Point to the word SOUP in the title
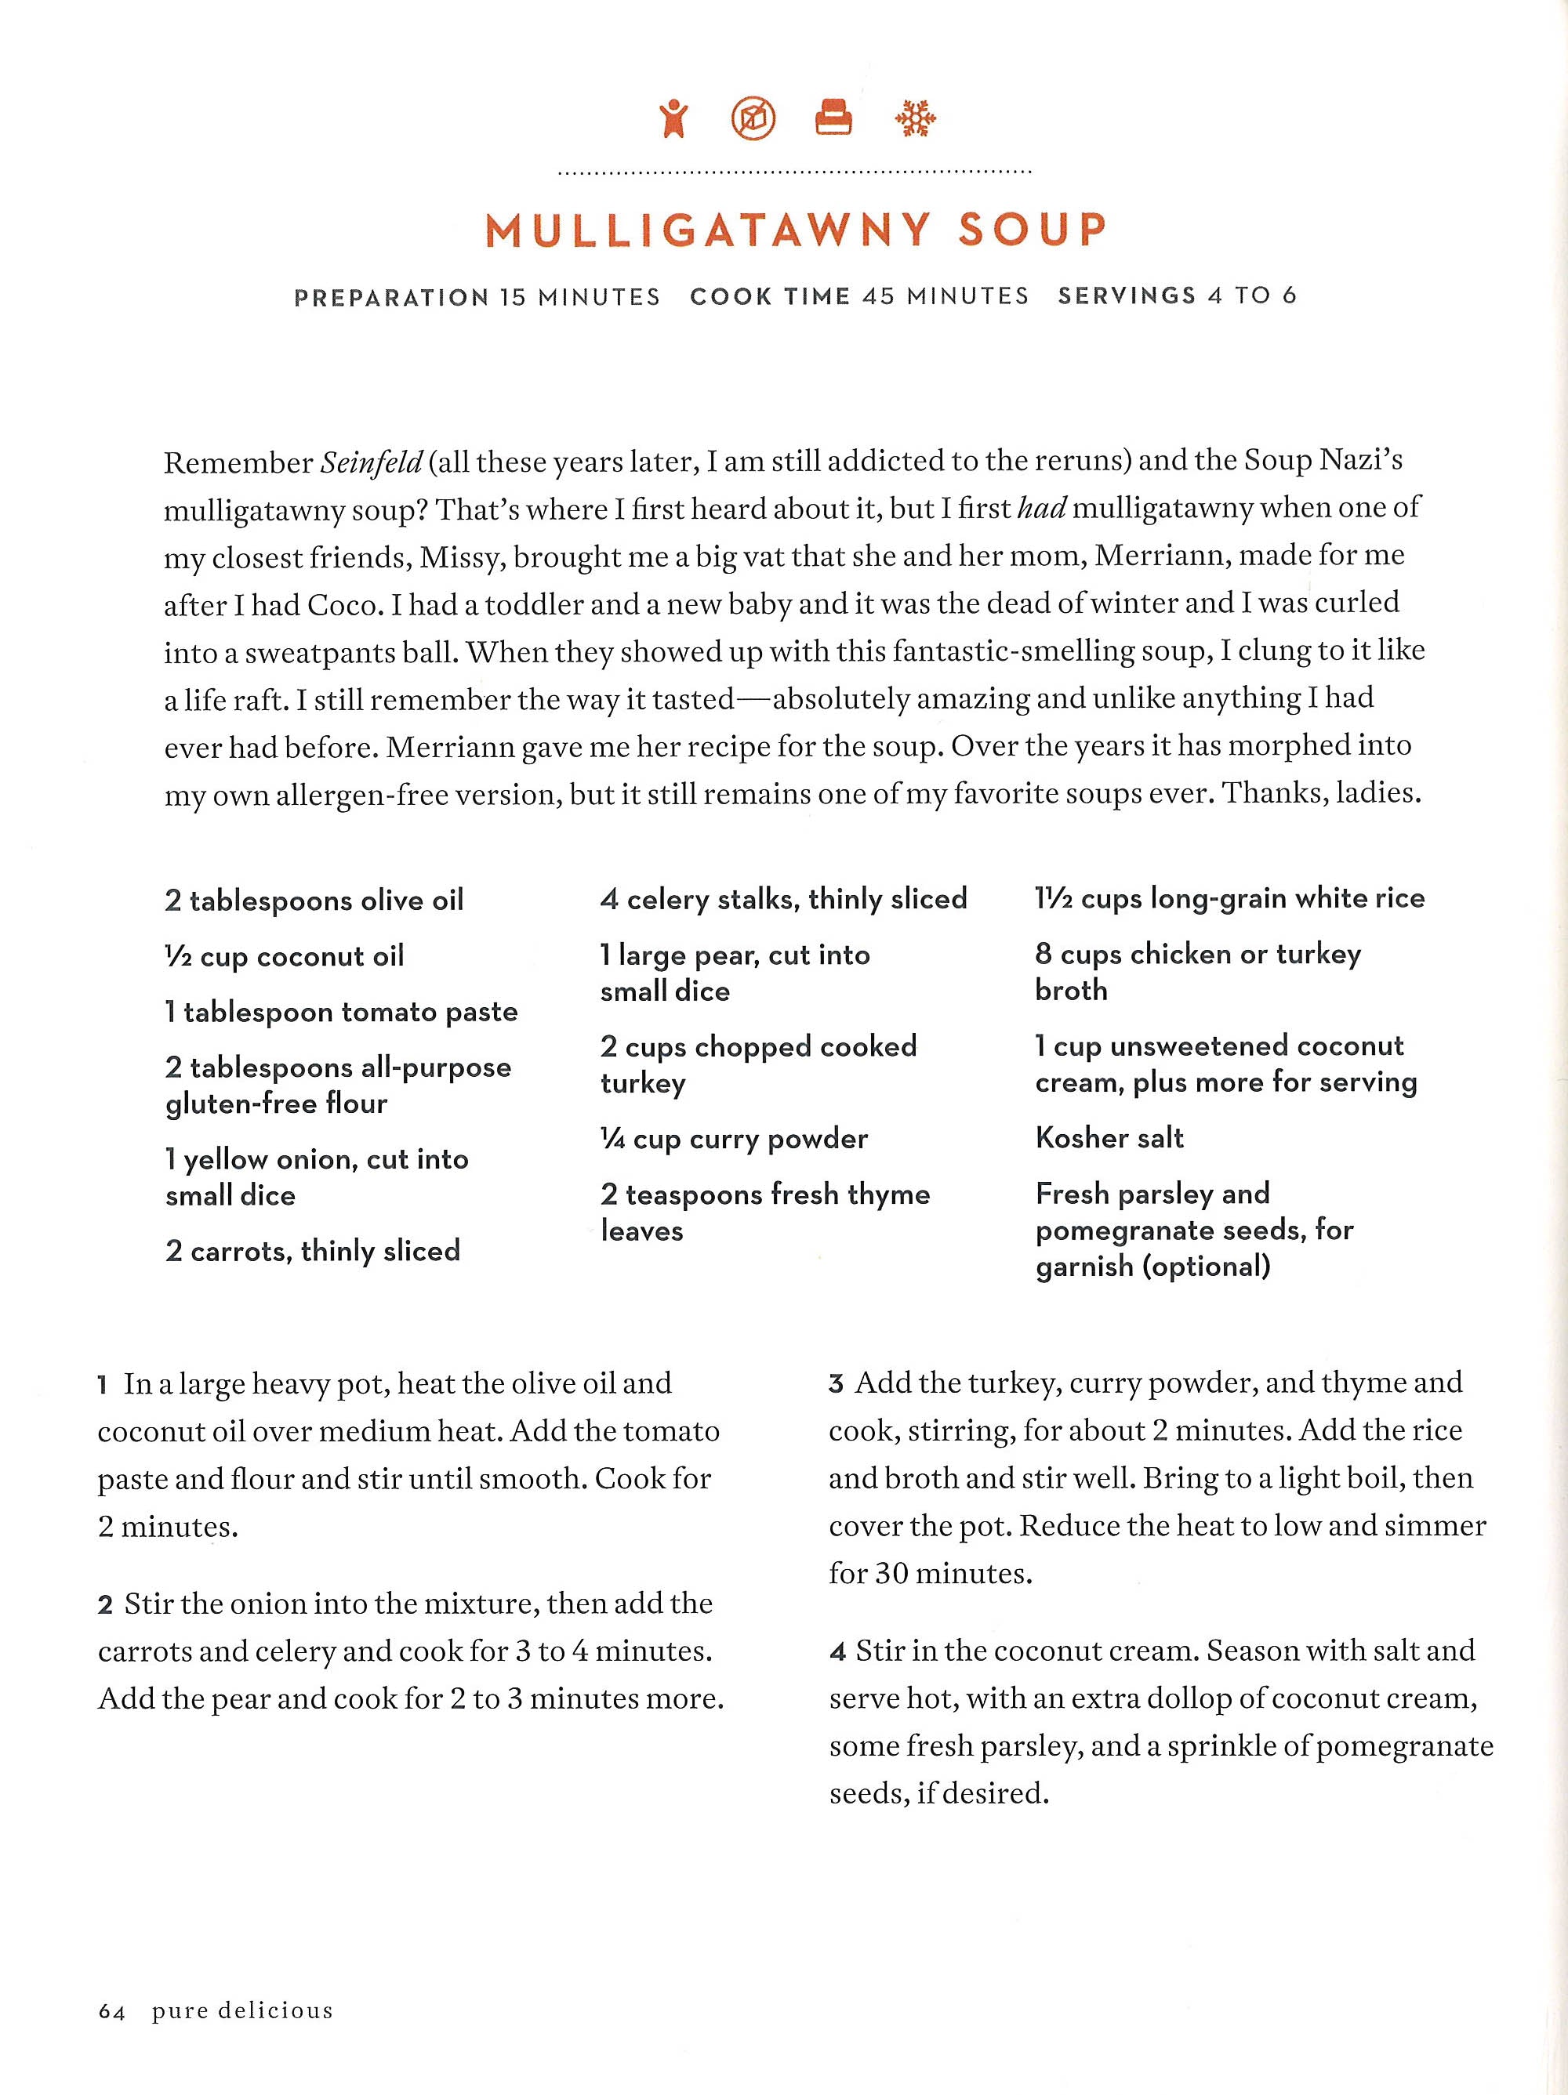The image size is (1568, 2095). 1032,230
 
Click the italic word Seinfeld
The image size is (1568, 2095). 371,462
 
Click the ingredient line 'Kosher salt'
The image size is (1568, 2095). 1109,1137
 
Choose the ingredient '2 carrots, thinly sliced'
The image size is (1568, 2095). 313,1250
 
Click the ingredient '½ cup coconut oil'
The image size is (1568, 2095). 285,956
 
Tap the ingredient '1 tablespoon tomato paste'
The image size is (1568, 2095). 341,1013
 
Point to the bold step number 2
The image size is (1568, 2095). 105,1605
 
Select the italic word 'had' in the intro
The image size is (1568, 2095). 1041,509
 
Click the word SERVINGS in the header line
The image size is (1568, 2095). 1127,296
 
